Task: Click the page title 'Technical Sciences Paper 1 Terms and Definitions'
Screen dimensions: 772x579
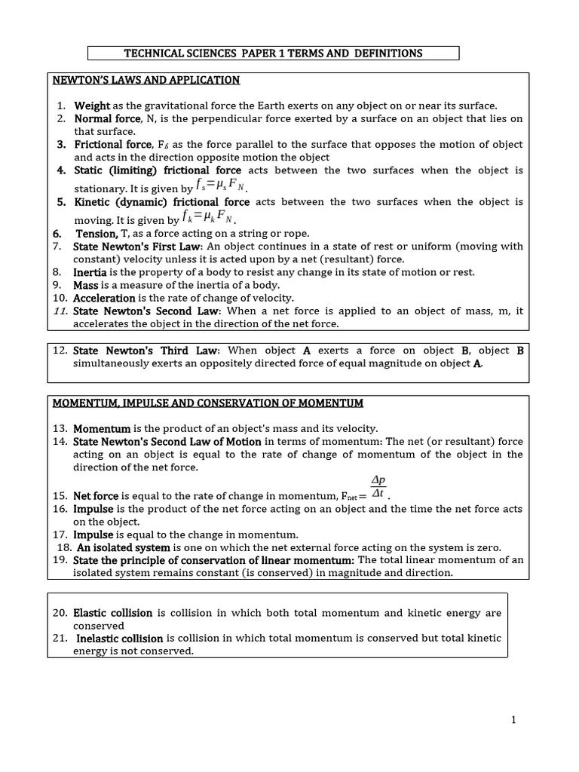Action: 273,53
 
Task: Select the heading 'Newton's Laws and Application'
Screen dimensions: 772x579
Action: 146,80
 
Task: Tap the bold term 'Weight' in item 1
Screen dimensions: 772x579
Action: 92,106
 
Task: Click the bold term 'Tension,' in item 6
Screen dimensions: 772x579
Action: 96,234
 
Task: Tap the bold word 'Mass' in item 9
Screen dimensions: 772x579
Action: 86,285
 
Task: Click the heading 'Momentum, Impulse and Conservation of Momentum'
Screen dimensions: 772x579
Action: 207,403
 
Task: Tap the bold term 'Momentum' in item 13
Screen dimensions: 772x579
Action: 102,428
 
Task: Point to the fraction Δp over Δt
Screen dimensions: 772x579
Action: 378,487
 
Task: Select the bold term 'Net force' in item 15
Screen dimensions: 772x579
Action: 96,496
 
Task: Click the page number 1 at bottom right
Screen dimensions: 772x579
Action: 513,720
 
